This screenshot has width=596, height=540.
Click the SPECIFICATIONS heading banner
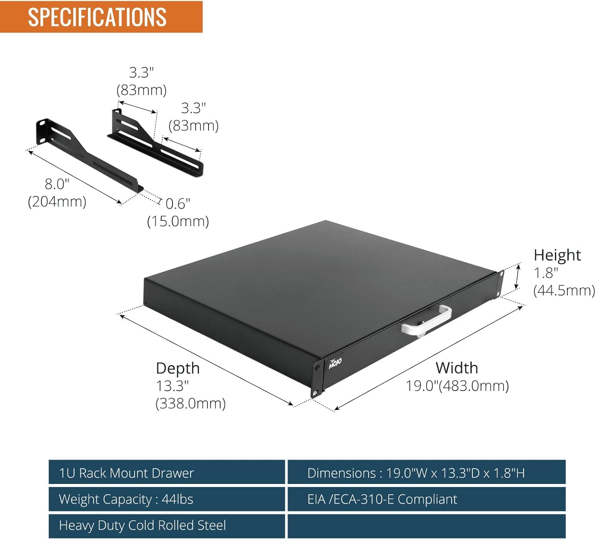pos(101,17)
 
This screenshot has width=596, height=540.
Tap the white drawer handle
pos(426,322)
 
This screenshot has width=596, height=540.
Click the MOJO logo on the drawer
pos(335,363)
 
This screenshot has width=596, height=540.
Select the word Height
pos(557,255)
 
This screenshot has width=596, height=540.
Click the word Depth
pos(178,369)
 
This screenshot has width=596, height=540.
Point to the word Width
pos(457,368)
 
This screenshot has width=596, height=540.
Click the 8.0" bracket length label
pos(57,184)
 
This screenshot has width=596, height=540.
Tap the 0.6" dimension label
pos(178,204)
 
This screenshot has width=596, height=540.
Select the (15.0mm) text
pos(178,221)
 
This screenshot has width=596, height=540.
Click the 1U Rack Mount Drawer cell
pos(166,473)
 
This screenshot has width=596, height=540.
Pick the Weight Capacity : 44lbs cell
pos(166,499)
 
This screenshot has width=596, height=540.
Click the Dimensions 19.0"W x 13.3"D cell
pos(427,473)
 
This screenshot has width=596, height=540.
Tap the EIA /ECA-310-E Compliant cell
pos(427,499)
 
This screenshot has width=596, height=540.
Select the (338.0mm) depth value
pos(190,404)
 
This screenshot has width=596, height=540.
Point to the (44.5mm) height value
pos(564,290)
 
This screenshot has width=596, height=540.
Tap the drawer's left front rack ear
pos(317,379)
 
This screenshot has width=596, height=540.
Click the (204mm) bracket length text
pos(57,202)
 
